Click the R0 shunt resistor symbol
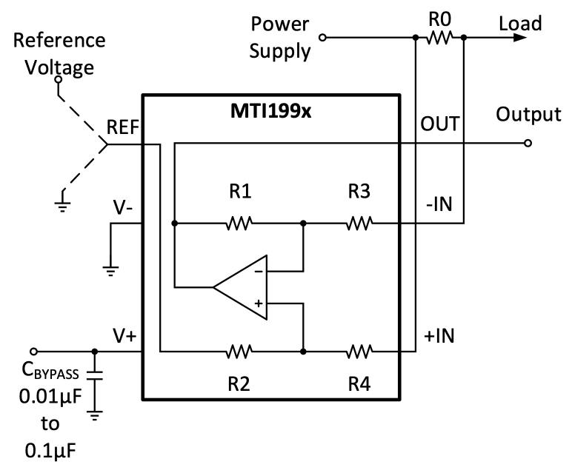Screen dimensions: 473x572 tap(439, 36)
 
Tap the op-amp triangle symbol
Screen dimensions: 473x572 tap(242, 289)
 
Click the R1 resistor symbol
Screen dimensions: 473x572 tap(240, 222)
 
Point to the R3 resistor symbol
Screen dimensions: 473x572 tap(359, 222)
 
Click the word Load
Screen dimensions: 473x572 tap(519, 24)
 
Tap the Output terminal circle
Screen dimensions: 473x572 tap(527, 144)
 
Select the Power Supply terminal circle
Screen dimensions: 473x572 tap(322, 37)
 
